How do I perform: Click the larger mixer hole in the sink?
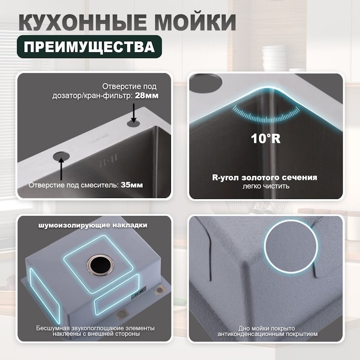[61, 155]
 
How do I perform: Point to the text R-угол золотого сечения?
[264, 177]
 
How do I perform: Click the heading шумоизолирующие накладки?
[93, 224]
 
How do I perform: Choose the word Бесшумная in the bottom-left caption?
[52, 328]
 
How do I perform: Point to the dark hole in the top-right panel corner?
[207, 82]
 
